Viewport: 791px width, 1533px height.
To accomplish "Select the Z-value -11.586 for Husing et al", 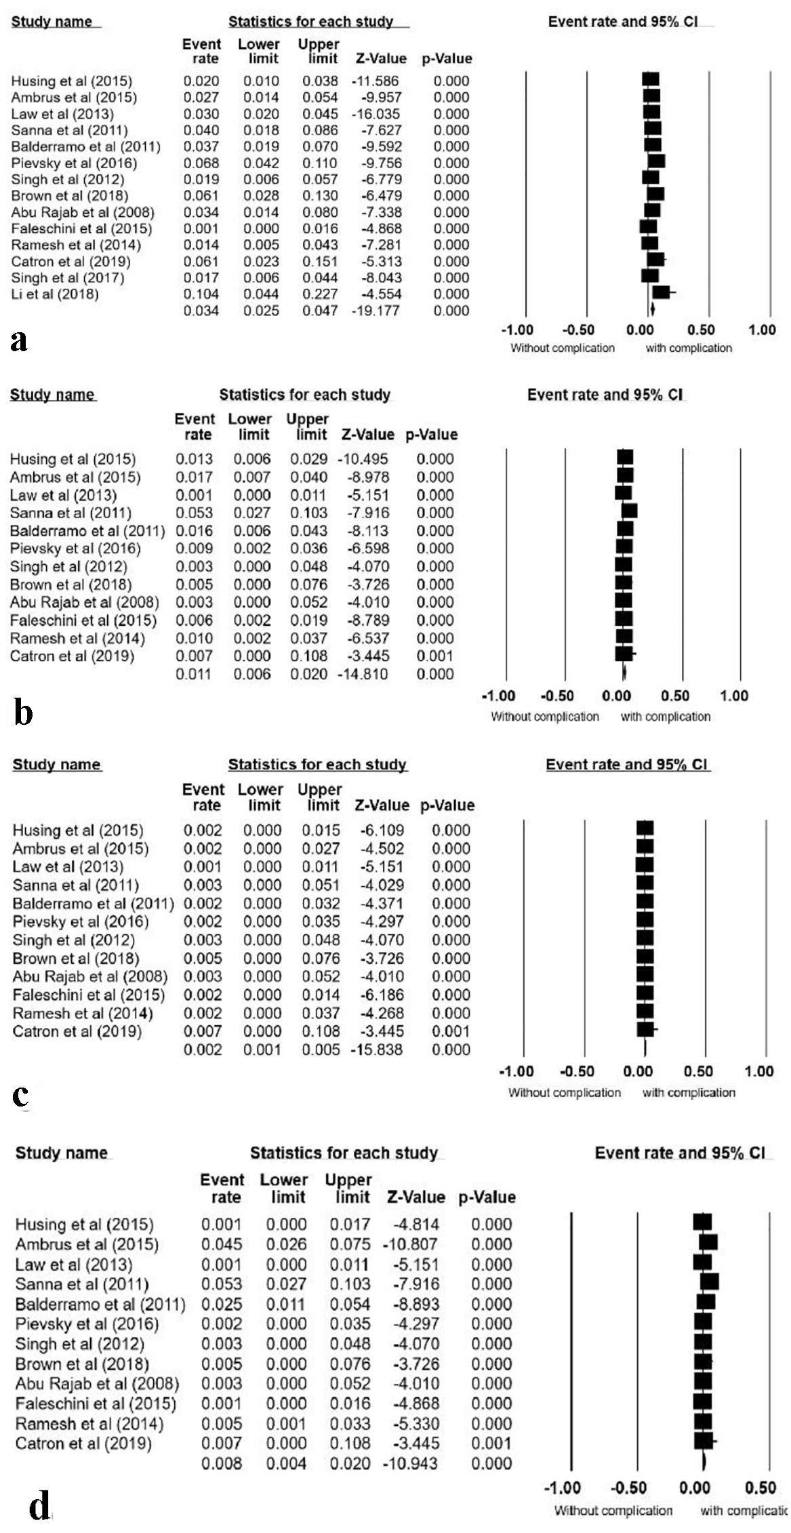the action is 376,81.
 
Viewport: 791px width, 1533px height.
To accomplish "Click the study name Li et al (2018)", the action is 55,294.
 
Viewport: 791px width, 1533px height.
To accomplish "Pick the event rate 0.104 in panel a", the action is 201,294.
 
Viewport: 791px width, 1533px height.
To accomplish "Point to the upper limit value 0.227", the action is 320,294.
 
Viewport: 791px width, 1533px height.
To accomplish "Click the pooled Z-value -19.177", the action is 376,311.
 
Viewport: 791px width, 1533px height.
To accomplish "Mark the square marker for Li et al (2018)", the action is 662,292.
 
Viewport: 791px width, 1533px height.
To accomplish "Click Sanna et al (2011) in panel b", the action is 70,513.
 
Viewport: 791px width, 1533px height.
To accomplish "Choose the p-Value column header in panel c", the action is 447,805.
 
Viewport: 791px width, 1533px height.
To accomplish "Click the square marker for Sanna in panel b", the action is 630,511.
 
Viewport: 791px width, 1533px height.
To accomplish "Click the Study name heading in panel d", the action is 61,1153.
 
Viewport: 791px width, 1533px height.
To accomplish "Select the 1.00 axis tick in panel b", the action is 734,696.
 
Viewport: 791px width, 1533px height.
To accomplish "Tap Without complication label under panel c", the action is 565,1092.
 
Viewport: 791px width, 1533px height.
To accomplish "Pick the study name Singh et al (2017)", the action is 68,278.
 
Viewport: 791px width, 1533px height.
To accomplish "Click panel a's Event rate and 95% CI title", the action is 623,22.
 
